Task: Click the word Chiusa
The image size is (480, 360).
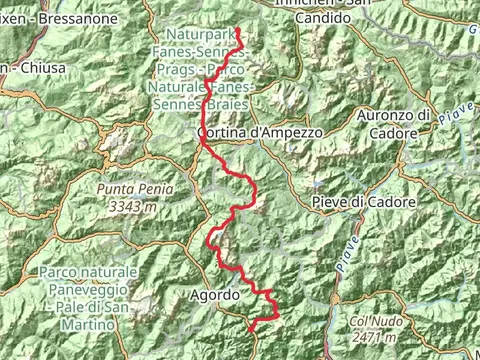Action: pos(43,67)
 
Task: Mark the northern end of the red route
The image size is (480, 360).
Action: pos(238,27)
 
